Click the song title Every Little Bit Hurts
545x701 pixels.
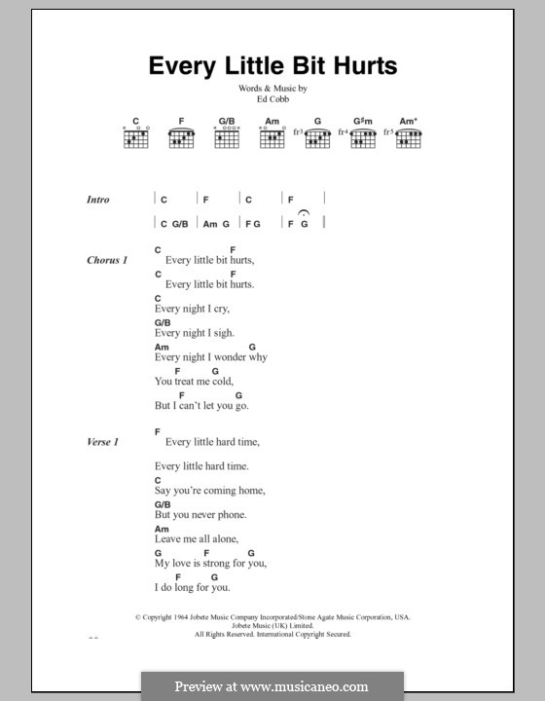coord(272,66)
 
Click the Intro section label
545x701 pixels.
coord(98,200)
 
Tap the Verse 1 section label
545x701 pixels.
coord(103,443)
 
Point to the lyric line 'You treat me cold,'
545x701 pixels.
coord(195,382)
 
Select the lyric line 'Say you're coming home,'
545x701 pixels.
coord(209,491)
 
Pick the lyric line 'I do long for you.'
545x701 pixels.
coord(193,587)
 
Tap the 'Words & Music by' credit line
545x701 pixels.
coord(272,89)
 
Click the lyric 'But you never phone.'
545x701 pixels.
coord(200,515)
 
